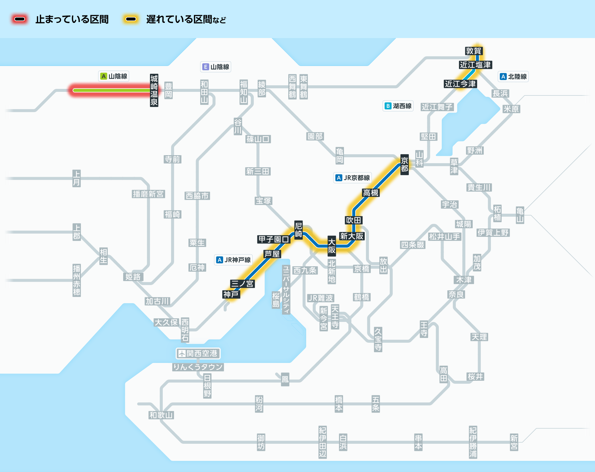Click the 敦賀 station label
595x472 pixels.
[x=474, y=51]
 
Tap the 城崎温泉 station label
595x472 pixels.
[x=154, y=90]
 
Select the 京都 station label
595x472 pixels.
[x=405, y=165]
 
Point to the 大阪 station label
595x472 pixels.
[x=332, y=246]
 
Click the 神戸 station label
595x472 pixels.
[x=231, y=294]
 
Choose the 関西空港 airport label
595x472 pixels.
[x=198, y=353]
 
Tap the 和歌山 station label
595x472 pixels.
[x=161, y=415]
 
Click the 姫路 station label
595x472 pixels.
[x=133, y=277]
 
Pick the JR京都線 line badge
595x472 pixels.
[x=353, y=178]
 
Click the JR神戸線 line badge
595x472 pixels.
[x=234, y=260]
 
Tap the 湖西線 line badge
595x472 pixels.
[x=398, y=106]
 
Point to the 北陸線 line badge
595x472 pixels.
[x=513, y=76]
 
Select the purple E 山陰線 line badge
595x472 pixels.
[x=216, y=67]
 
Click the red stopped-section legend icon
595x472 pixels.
[x=20, y=19]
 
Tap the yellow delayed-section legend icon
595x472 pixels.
[x=131, y=19]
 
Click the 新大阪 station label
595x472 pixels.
[x=352, y=236]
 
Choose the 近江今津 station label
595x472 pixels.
[x=461, y=84]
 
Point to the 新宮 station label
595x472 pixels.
[x=514, y=442]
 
